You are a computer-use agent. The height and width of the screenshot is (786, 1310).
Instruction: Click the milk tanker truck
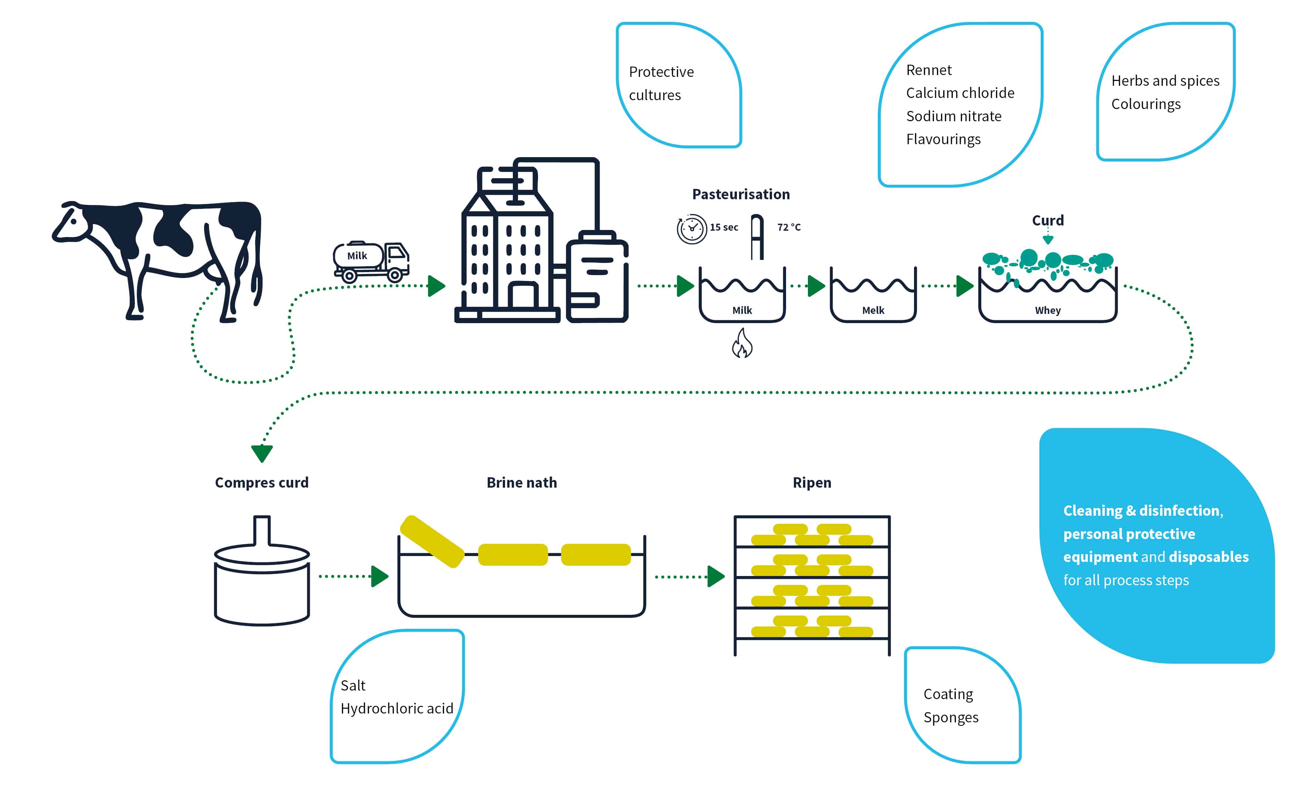click(x=371, y=261)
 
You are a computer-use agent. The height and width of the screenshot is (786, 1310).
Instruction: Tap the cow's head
click(x=71, y=223)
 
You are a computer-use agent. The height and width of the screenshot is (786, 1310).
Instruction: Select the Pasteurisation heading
click(x=741, y=194)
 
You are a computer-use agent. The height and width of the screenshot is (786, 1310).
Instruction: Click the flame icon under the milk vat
click(x=742, y=344)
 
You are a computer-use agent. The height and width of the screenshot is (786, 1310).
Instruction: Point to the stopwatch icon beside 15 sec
click(x=691, y=229)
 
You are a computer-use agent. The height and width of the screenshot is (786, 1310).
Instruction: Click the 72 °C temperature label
click(x=789, y=227)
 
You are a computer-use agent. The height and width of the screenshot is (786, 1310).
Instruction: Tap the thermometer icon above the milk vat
click(x=757, y=236)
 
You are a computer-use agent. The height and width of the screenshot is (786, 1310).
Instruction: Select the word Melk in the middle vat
click(x=873, y=311)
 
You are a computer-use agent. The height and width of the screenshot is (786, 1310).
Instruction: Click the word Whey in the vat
click(x=1047, y=311)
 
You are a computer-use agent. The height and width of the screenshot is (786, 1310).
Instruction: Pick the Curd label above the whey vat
click(x=1047, y=220)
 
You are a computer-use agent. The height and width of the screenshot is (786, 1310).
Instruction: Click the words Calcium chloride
click(x=960, y=93)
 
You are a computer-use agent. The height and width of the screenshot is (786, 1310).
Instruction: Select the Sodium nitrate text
click(x=954, y=116)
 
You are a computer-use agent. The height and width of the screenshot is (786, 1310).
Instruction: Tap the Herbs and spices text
click(x=1165, y=81)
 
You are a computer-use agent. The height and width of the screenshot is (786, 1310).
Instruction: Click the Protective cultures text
click(x=661, y=83)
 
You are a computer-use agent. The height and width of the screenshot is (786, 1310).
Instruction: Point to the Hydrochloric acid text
click(x=397, y=709)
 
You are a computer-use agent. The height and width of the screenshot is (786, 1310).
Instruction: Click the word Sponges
click(x=951, y=718)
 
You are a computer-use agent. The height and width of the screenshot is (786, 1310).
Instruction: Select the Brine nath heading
click(x=521, y=482)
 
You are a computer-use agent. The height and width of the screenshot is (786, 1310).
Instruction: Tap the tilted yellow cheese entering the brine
click(x=432, y=541)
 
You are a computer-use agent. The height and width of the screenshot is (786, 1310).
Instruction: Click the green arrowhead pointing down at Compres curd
click(x=262, y=453)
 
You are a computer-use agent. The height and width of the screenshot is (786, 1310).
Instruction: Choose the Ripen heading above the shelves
click(x=812, y=482)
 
